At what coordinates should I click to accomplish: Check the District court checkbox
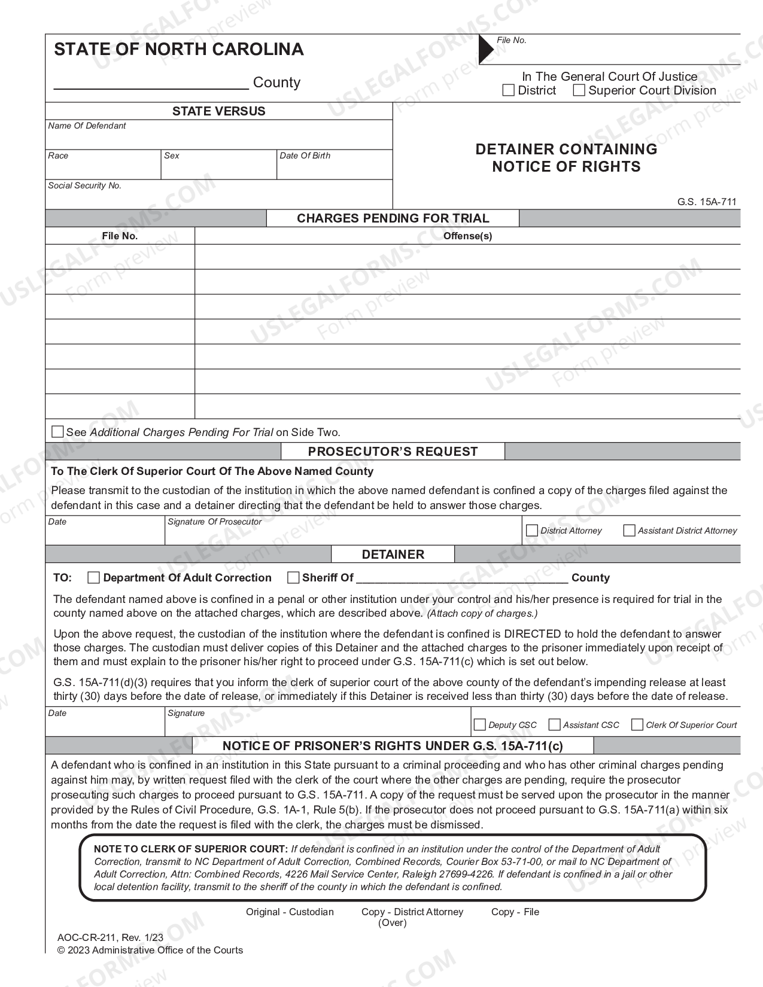509,90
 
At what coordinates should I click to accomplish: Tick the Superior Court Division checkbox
579,90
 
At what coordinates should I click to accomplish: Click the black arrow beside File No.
485,49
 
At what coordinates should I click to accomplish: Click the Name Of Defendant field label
87,126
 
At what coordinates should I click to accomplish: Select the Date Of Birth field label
305,156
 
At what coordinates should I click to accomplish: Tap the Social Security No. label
84,185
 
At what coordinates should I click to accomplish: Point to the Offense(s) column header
467,236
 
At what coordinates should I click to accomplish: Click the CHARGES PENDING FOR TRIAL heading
393,218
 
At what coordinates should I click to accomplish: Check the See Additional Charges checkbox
57,431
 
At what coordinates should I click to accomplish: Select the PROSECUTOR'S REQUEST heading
393,452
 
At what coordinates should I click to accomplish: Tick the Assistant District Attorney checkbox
629,531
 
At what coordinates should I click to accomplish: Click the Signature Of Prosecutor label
215,522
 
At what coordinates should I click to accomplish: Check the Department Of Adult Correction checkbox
93,577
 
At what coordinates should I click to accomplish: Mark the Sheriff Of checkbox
293,577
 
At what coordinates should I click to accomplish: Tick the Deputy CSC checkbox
479,724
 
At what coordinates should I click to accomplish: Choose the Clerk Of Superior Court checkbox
637,724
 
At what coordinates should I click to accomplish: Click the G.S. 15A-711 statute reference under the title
707,202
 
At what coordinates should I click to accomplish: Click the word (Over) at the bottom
393,922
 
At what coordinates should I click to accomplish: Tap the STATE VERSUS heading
218,111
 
